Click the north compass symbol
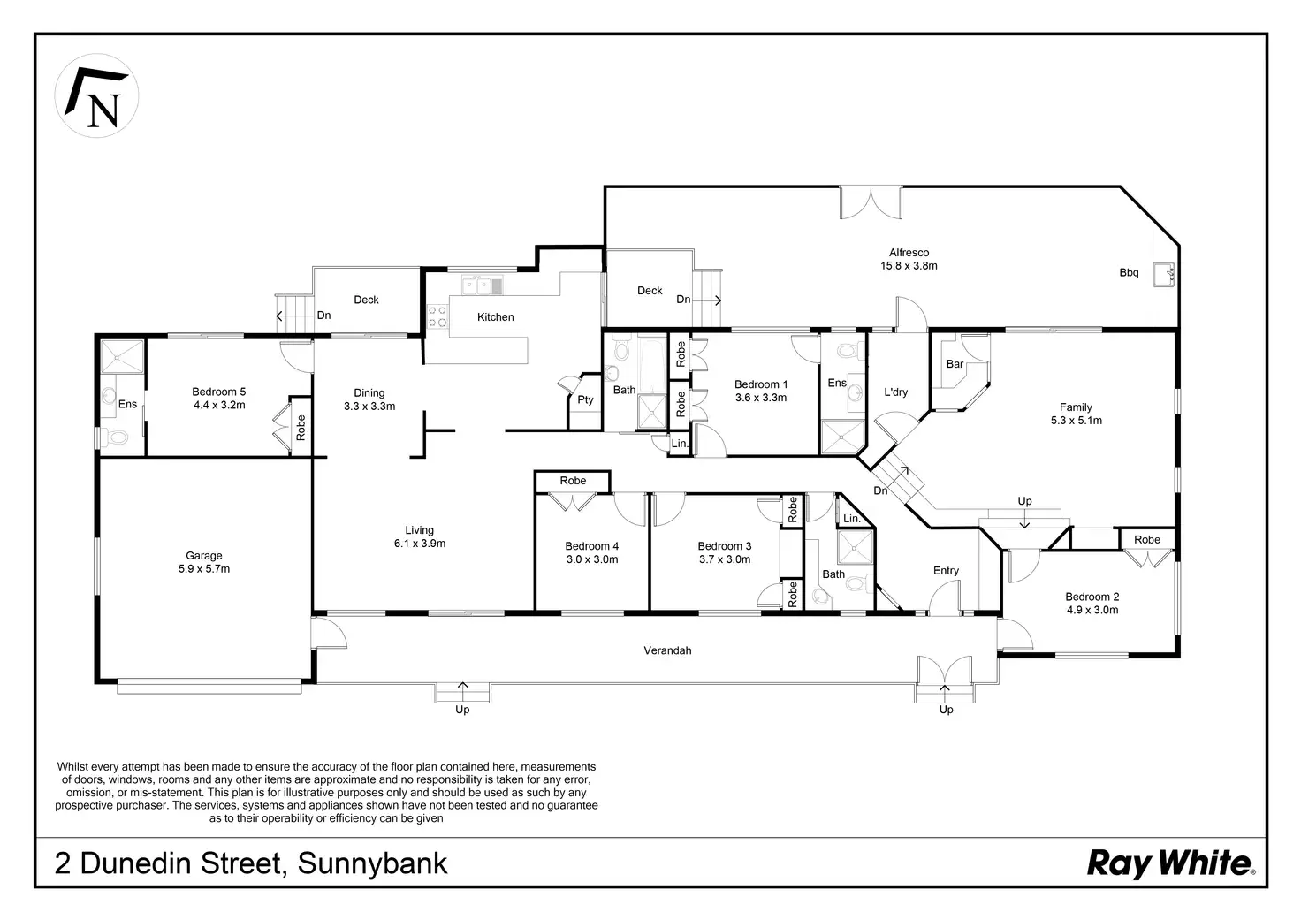(x=96, y=95)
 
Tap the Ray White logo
(x=1171, y=863)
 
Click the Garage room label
(x=204, y=556)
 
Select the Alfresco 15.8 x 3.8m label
(x=909, y=259)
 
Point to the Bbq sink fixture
(x=1164, y=274)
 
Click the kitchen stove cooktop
(x=437, y=317)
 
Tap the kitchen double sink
(x=483, y=285)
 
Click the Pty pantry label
(x=585, y=399)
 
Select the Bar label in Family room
(x=955, y=364)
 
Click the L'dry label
(x=895, y=392)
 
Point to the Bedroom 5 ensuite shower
(x=122, y=357)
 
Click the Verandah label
(x=667, y=650)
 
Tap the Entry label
(x=946, y=571)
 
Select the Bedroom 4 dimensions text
(x=592, y=559)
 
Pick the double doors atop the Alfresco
(x=871, y=202)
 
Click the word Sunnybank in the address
(x=372, y=863)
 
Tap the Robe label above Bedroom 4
(x=573, y=481)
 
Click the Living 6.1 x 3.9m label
(x=419, y=536)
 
